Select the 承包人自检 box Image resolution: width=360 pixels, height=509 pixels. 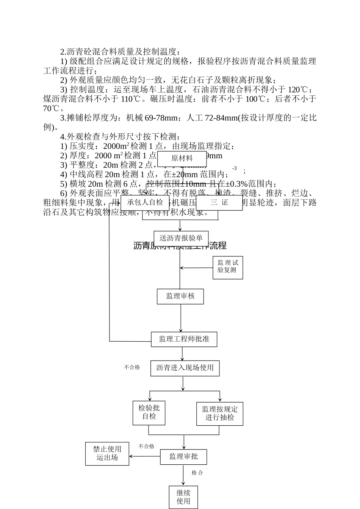tap(145, 203)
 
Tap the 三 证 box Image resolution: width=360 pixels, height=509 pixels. tap(219, 203)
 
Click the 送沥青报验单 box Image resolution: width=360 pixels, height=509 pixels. tap(181, 238)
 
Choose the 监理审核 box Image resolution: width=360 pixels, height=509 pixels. tap(180, 296)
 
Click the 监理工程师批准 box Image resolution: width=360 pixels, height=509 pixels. tap(184, 339)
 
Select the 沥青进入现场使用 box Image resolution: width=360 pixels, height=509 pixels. tap(185, 368)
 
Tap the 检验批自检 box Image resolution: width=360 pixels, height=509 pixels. tap(149, 412)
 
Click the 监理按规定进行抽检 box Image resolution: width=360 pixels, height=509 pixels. tap(220, 414)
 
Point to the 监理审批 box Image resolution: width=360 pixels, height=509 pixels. tap(183, 457)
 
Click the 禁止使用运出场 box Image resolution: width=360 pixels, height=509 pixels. tap(107, 454)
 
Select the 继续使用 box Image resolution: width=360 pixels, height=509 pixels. tap(183, 497)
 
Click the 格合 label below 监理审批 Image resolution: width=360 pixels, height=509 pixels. tap(197, 473)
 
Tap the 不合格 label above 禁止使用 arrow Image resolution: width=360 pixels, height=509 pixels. tap(146, 447)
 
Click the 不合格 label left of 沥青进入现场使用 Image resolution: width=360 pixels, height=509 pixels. tap(132, 367)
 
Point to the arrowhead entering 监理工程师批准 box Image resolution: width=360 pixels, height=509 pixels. tap(181, 330)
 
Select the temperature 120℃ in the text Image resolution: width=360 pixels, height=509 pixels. tap(298, 89)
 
